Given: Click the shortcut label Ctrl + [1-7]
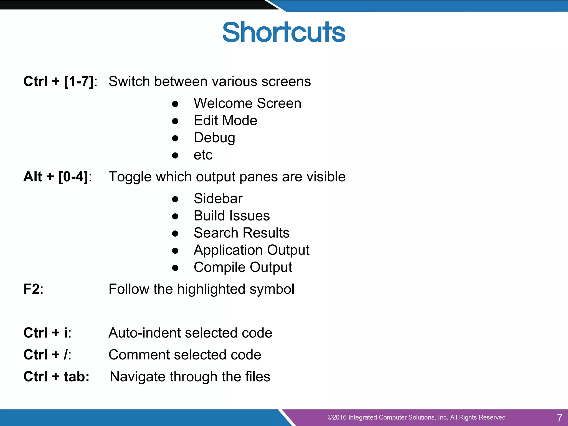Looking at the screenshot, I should click(59, 82).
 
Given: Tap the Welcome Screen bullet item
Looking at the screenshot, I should click(247, 103).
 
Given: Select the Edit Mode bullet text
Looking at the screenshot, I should click(225, 120).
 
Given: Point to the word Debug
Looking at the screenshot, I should click(214, 138).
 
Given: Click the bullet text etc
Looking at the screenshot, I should click(203, 155).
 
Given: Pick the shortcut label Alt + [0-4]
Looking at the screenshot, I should click(56, 177).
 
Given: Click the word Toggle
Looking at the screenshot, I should click(130, 177).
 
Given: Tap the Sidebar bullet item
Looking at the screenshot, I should click(218, 199).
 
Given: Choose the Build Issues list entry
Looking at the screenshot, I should click(232, 216).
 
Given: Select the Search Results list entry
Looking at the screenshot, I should click(241, 233).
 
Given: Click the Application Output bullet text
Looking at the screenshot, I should click(251, 250).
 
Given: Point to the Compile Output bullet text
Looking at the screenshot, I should click(243, 267).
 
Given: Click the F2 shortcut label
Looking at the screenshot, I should click(32, 289).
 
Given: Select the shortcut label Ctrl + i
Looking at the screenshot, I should click(46, 333).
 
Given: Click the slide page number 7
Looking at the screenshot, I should click(559, 418).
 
